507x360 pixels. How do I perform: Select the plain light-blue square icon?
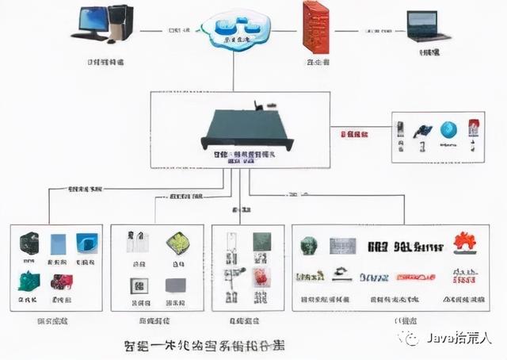(59, 243)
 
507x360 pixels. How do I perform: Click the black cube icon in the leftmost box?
(29, 243)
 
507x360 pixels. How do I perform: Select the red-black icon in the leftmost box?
(61, 281)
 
